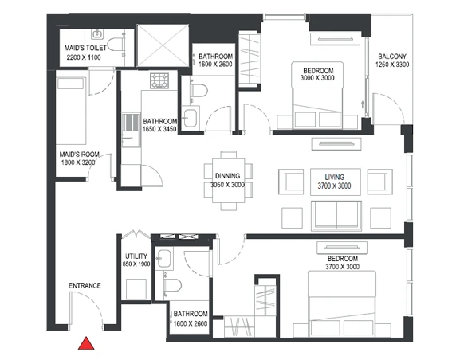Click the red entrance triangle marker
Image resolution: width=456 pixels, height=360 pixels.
pos(86,344)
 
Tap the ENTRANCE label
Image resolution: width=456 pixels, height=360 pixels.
pos(85,286)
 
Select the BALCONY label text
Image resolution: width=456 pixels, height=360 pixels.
pos(392,57)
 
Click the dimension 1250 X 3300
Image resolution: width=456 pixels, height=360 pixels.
pos(392,65)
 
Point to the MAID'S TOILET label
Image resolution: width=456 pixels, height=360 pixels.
pos(85,48)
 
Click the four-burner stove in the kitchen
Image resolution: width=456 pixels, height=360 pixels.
pos(159,80)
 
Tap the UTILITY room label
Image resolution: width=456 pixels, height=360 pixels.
pos(136,256)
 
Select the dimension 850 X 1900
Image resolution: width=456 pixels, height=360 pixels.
pos(136,264)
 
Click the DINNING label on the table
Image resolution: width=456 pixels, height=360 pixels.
pos(227,176)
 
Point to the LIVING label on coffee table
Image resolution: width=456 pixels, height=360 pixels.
pos(335,178)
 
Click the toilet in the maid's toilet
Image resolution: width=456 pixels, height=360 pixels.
pos(116,45)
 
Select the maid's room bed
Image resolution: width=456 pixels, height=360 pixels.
pos(71,111)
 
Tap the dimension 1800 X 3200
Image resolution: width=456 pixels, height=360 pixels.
pos(78,162)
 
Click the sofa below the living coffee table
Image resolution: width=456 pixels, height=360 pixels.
pos(336,216)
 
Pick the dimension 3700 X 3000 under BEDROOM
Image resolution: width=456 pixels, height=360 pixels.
pos(342,267)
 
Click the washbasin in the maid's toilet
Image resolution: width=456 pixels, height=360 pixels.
pos(96,34)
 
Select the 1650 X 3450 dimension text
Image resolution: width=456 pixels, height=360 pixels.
pos(159,129)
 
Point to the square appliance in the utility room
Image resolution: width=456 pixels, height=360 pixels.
pos(136,289)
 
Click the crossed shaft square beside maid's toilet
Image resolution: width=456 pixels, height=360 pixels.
pos(163,45)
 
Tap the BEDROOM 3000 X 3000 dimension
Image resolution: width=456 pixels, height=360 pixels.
pos(317,78)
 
